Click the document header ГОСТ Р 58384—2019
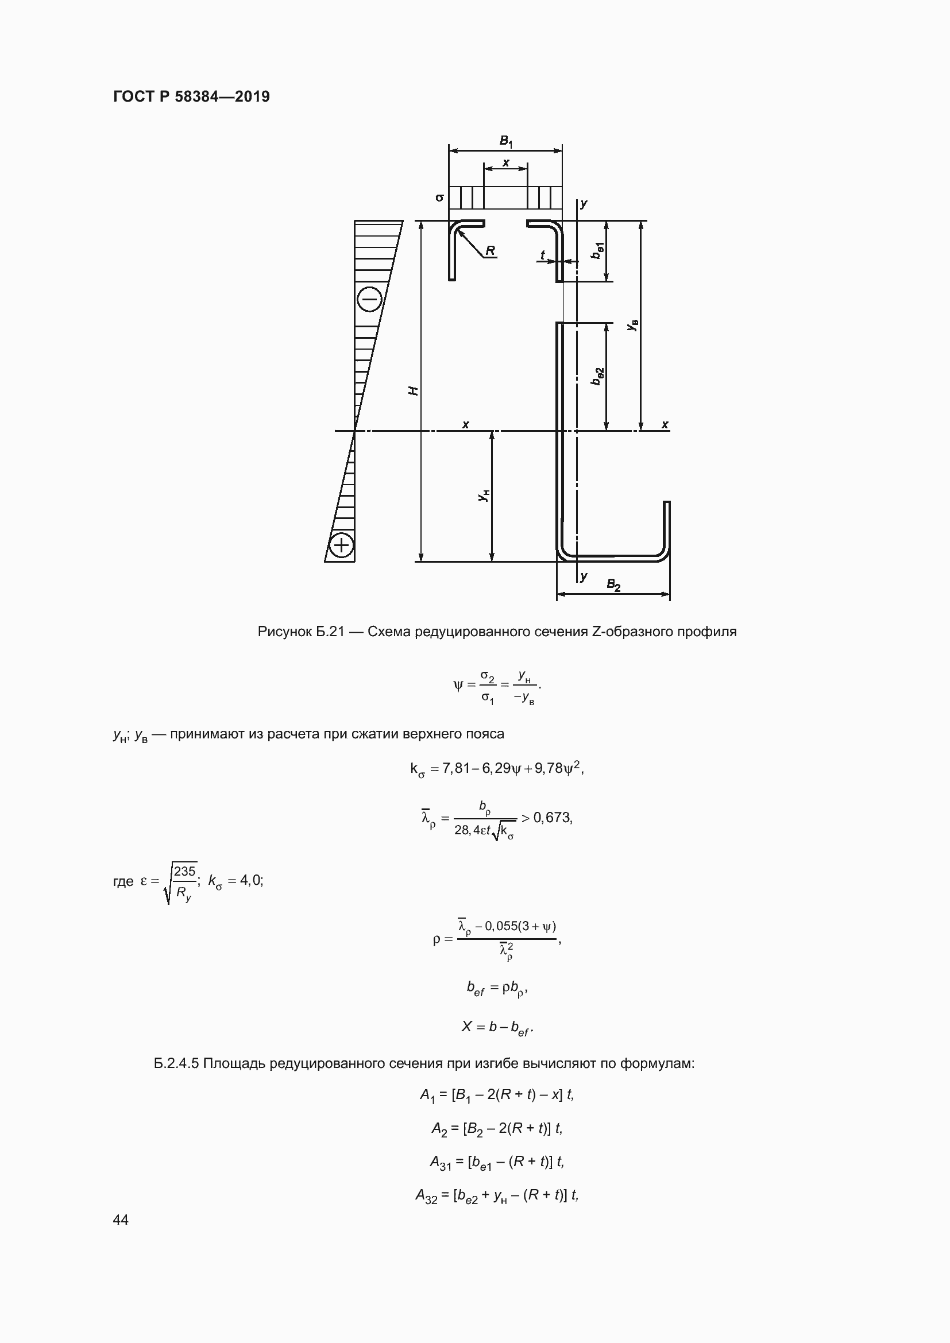[x=191, y=96]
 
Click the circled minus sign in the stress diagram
[x=370, y=300]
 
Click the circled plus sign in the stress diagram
[x=341, y=545]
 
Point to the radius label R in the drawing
[x=490, y=250]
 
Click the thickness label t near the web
[x=542, y=255]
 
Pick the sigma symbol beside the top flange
[x=440, y=198]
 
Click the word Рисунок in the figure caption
[x=285, y=632]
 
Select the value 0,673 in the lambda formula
[x=552, y=818]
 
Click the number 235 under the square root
[x=184, y=872]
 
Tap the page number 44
[x=121, y=1220]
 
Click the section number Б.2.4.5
[x=177, y=1063]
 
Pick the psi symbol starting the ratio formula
[x=458, y=684]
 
